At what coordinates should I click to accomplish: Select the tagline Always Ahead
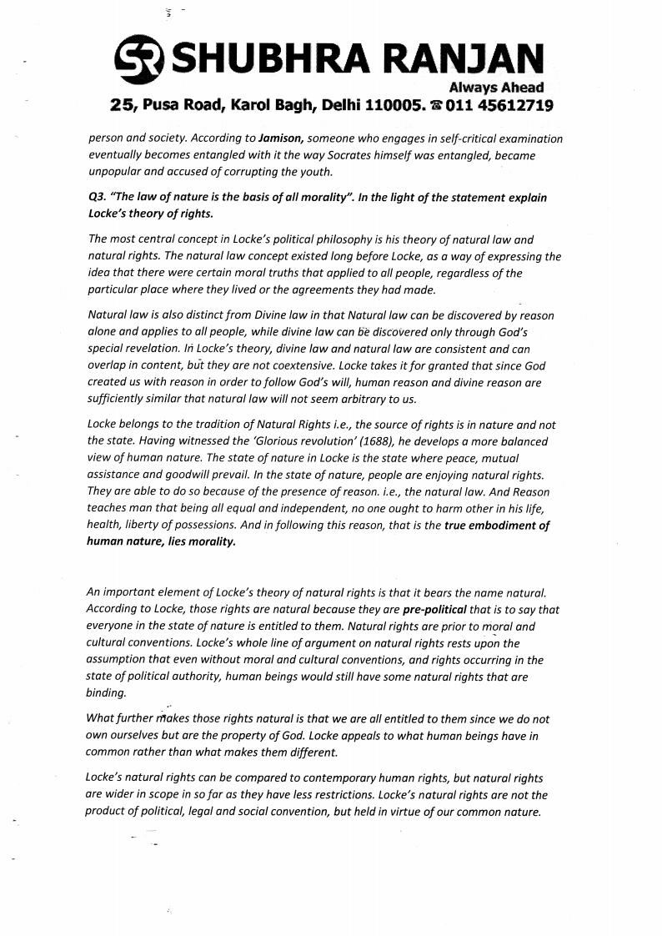(x=496, y=88)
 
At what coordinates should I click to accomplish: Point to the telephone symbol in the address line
(x=435, y=106)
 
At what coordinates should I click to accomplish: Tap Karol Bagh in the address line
(x=268, y=106)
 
